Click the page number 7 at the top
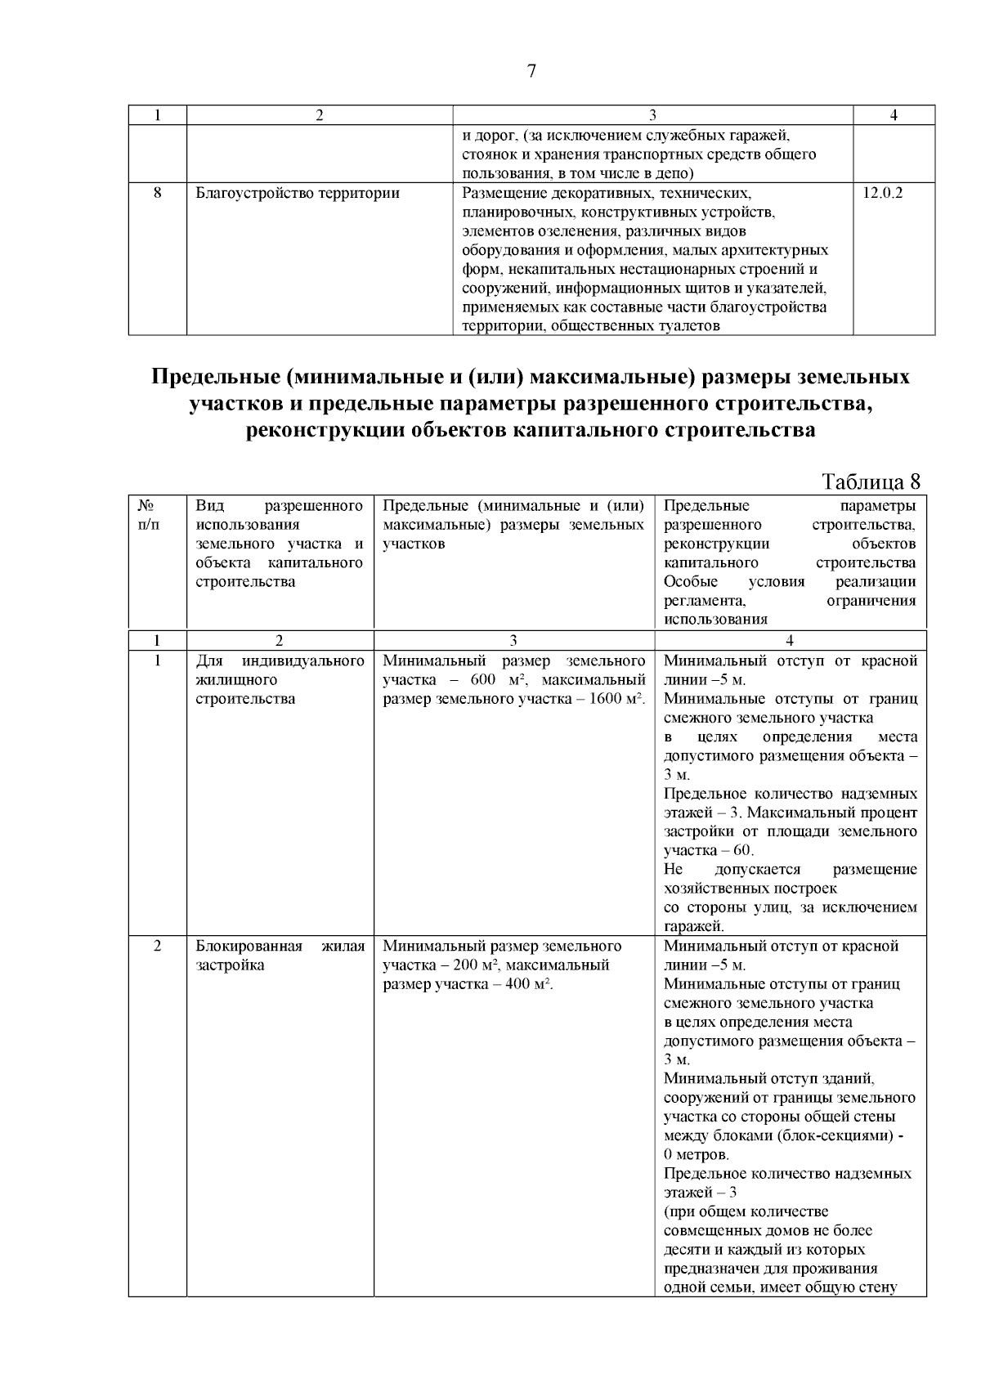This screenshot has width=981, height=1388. click(531, 71)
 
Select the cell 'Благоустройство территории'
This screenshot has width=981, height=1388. click(298, 194)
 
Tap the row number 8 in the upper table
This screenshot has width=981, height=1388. click(157, 194)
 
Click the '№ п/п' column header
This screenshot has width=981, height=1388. click(148, 515)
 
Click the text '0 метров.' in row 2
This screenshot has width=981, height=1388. click(697, 1155)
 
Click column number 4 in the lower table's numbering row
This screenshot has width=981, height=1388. click(790, 641)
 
